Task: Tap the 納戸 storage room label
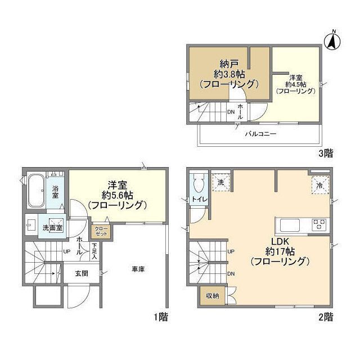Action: pyautogui.click(x=229, y=64)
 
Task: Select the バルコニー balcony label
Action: pyautogui.click(x=260, y=134)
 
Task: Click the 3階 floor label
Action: pyautogui.click(x=326, y=153)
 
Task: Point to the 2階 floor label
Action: pyautogui.click(x=326, y=317)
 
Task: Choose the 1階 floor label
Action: pyautogui.click(x=161, y=317)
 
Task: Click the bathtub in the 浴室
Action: pyautogui.click(x=36, y=190)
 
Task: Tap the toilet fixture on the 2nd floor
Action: pyautogui.click(x=199, y=184)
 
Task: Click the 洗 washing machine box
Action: pyautogui.click(x=220, y=182)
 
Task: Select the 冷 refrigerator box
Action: pyautogui.click(x=320, y=186)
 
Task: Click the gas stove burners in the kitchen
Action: pyautogui.click(x=319, y=224)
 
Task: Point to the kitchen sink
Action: pyautogui.click(x=290, y=225)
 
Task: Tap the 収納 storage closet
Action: pyautogui.click(x=213, y=296)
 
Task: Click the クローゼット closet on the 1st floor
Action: pyautogui.click(x=101, y=231)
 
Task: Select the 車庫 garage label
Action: pyautogui.click(x=138, y=269)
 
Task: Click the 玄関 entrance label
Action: pyautogui.click(x=82, y=273)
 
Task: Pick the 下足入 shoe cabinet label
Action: pyautogui.click(x=94, y=251)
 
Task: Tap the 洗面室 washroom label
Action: pyautogui.click(x=52, y=228)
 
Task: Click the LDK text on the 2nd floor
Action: pyautogui.click(x=280, y=241)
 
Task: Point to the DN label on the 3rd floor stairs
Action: pyautogui.click(x=231, y=112)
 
